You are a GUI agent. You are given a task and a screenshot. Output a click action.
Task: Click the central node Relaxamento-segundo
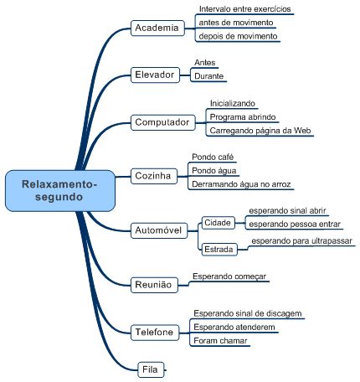tap(59, 190)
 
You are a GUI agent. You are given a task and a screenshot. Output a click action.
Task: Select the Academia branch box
tap(157, 28)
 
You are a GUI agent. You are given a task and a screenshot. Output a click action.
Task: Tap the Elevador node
tap(155, 75)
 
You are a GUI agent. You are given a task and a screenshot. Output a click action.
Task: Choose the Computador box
tap(162, 122)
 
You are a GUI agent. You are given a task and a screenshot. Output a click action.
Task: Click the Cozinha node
tap(152, 176)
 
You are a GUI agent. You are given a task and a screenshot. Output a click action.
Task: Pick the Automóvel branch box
tap(158, 230)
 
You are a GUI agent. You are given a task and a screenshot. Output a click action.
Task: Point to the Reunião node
tap(153, 285)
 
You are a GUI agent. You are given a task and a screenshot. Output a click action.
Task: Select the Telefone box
tap(154, 333)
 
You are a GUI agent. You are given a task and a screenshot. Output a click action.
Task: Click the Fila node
tap(150, 368)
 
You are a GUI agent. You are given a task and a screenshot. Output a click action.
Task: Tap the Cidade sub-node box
tap(218, 223)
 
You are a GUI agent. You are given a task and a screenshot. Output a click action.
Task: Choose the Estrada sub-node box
tap(219, 249)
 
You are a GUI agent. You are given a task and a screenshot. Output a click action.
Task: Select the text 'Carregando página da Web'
tap(260, 131)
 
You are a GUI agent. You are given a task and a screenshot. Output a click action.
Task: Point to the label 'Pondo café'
tap(213, 157)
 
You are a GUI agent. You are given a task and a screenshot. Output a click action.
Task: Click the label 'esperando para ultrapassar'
tap(301, 240)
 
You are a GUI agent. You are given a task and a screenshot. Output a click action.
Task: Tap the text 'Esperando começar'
tap(229, 275)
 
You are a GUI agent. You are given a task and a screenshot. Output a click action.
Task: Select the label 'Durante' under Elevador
tap(208, 76)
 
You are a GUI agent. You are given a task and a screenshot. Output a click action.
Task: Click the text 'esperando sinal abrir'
tap(287, 211)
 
